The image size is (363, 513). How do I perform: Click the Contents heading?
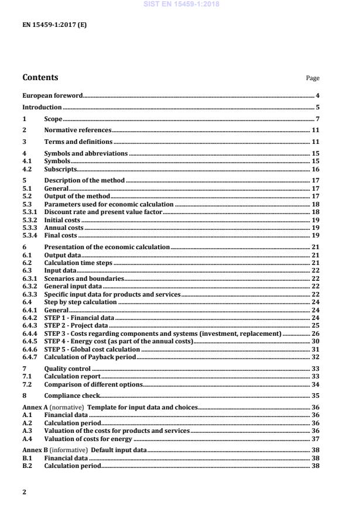(40, 77)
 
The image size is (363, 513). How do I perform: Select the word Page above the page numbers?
(313, 78)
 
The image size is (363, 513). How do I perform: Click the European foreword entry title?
(52, 95)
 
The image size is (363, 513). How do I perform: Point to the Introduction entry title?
(42, 107)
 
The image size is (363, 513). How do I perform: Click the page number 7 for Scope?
(317, 119)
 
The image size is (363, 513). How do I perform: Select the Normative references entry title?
(78, 130)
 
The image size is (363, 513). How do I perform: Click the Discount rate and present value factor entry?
(103, 212)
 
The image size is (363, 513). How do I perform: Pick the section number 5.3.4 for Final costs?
(30, 235)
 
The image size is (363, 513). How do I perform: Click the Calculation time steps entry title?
(78, 263)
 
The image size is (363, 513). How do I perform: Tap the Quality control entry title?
(67, 369)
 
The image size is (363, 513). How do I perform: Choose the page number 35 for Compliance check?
(315, 395)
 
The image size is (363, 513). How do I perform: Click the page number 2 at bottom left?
(24, 492)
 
